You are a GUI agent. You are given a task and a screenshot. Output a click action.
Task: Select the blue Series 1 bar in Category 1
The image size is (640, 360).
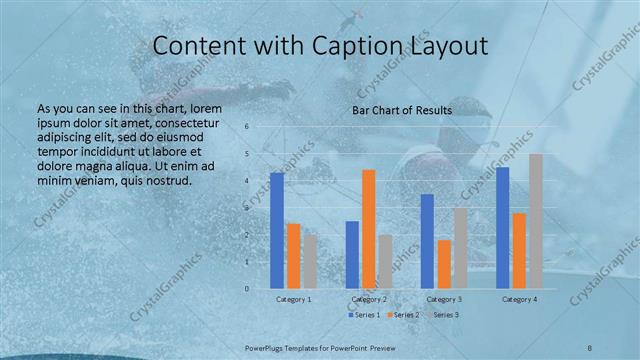tap(277, 230)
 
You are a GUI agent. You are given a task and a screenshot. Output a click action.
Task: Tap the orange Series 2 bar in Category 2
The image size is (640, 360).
tap(368, 228)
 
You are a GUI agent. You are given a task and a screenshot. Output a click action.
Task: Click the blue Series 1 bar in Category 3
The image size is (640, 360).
tap(427, 240)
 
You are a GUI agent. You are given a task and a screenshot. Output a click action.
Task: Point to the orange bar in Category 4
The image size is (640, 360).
tap(519, 250)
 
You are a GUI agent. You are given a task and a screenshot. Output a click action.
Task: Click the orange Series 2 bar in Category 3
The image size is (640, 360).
tap(444, 263)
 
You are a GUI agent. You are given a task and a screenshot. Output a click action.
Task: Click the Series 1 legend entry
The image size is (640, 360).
tap(364, 315)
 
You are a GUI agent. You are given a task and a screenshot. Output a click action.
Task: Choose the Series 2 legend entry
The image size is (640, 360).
tap(403, 315)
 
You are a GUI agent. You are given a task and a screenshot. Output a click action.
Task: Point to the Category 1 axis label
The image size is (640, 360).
tap(294, 299)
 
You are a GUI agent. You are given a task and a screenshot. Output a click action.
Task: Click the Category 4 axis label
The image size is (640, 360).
tap(519, 299)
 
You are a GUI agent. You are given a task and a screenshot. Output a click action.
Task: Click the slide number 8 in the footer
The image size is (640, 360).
tap(590, 347)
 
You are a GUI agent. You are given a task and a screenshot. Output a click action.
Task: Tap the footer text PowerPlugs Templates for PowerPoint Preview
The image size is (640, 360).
tap(319, 347)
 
